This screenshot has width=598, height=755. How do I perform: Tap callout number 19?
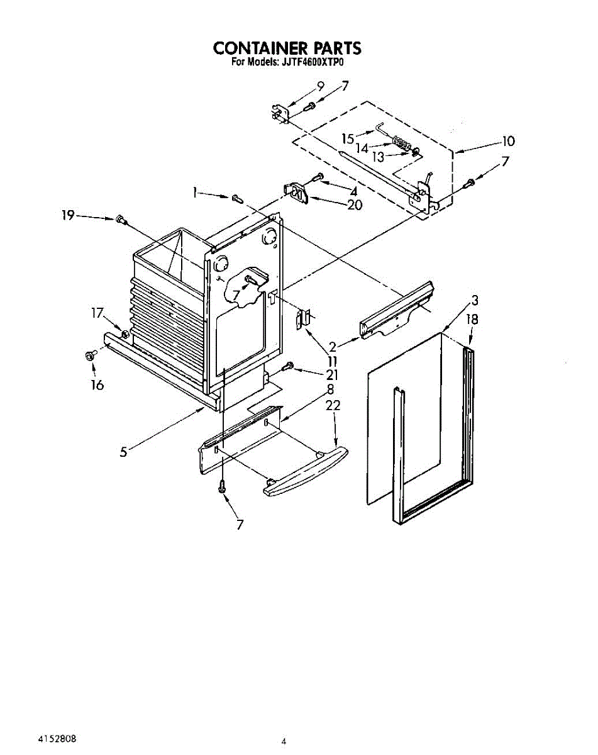[x=68, y=216]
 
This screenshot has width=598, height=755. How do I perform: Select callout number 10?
[x=507, y=142]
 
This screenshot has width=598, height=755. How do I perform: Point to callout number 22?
[x=333, y=406]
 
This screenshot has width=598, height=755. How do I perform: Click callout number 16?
[x=97, y=385]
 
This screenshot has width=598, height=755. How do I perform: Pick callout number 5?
[x=124, y=450]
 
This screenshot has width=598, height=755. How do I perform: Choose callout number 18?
[x=472, y=320]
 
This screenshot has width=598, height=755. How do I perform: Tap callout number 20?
[x=355, y=205]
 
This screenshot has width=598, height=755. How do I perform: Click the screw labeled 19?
[x=120, y=220]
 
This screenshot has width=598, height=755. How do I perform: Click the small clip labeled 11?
[x=304, y=320]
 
